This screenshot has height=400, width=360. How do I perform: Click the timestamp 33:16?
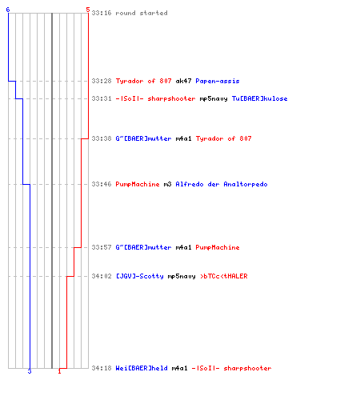point(102,13)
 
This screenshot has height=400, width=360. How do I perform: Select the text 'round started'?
point(142,13)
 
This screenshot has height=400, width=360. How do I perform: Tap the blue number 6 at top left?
point(8,10)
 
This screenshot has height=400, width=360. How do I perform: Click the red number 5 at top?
point(88,10)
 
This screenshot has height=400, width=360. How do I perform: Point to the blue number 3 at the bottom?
point(30,371)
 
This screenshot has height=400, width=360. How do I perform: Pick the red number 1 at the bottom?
point(59,371)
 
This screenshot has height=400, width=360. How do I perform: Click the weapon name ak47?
point(183,81)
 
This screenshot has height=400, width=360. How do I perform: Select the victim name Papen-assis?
point(218,81)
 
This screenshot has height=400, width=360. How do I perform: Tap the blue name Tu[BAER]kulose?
point(259,98)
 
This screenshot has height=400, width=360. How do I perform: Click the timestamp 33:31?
point(102,98)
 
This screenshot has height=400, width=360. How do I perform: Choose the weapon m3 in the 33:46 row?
point(167,184)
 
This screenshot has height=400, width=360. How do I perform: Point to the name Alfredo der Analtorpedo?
point(222,184)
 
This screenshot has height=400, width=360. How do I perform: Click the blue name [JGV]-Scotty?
point(140,276)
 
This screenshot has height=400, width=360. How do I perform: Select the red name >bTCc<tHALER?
point(224,276)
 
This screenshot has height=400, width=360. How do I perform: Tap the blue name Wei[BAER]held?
point(142,368)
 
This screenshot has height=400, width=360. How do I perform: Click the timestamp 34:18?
point(102,368)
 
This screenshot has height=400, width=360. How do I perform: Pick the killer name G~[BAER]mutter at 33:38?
point(143,138)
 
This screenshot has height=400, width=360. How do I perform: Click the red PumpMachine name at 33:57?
point(218,247)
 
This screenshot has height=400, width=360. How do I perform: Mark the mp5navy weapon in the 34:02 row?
point(182,277)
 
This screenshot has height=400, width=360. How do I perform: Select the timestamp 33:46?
point(102,184)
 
